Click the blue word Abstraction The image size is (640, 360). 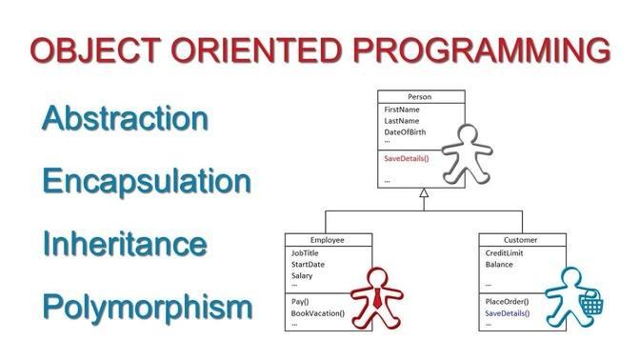click(x=125, y=118)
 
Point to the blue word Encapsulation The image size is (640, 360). click(x=147, y=181)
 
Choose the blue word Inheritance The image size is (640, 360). click(x=125, y=244)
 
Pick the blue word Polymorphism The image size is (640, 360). click(x=148, y=307)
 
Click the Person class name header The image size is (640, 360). click(x=420, y=97)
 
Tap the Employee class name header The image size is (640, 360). click(x=328, y=240)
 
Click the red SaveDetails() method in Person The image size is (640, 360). click(x=407, y=157)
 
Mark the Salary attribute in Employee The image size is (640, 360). click(x=302, y=275)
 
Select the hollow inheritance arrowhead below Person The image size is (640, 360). click(x=424, y=193)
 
